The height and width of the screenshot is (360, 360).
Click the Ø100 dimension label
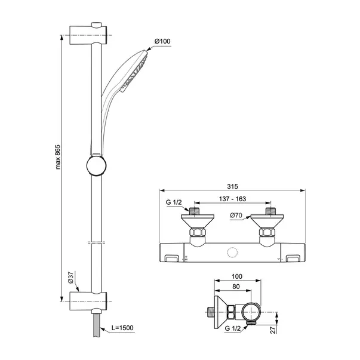[162, 41]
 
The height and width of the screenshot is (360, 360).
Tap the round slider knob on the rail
[96, 165]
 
